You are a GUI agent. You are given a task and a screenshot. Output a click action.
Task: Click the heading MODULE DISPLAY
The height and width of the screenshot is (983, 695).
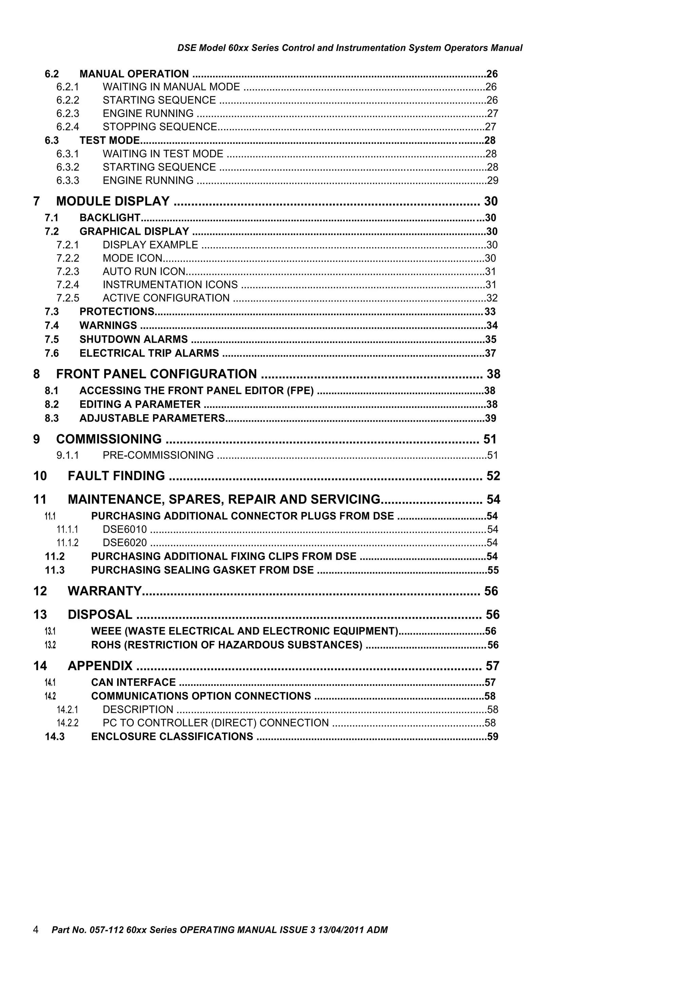tap(113, 201)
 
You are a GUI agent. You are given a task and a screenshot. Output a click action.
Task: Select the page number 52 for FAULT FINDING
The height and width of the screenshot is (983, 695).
tap(493, 476)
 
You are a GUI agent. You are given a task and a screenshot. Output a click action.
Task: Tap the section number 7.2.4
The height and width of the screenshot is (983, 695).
tap(68, 285)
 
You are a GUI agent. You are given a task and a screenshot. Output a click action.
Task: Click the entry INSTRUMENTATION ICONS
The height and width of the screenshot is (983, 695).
tap(170, 285)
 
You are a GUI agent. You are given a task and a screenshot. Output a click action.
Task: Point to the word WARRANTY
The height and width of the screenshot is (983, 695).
tap(105, 591)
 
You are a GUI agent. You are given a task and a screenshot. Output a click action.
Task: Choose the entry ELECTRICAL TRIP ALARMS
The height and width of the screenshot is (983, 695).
tap(149, 353)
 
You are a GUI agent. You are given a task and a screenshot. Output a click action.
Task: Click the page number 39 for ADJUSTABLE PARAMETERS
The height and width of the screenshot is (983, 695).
tap(490, 418)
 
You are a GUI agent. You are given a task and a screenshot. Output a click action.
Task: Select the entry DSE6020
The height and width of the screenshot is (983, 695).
tap(125, 543)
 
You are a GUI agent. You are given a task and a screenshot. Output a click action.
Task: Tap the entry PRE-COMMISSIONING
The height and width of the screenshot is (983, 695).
tap(158, 455)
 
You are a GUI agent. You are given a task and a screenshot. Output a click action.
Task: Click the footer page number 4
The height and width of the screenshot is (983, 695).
tap(36, 929)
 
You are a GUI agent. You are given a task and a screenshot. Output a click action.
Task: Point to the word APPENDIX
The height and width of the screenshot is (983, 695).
tap(100, 666)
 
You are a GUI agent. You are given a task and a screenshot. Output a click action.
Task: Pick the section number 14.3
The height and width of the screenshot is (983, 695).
tap(55, 736)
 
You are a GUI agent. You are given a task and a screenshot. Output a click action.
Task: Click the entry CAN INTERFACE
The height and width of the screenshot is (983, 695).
tap(133, 682)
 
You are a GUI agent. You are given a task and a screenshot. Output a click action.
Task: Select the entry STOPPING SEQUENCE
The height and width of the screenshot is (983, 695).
tap(160, 127)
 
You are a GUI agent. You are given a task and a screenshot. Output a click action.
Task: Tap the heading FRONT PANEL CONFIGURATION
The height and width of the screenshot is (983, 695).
tap(156, 374)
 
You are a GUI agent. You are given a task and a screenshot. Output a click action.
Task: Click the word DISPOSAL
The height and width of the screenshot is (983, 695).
tap(100, 615)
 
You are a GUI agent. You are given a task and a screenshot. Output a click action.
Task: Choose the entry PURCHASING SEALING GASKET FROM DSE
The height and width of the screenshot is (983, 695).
tap(202, 570)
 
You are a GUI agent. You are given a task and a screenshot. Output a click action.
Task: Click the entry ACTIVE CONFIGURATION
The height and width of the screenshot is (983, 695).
tap(166, 298)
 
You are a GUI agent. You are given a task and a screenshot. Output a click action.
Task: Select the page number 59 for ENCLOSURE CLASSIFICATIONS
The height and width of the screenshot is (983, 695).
tap(492, 736)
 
